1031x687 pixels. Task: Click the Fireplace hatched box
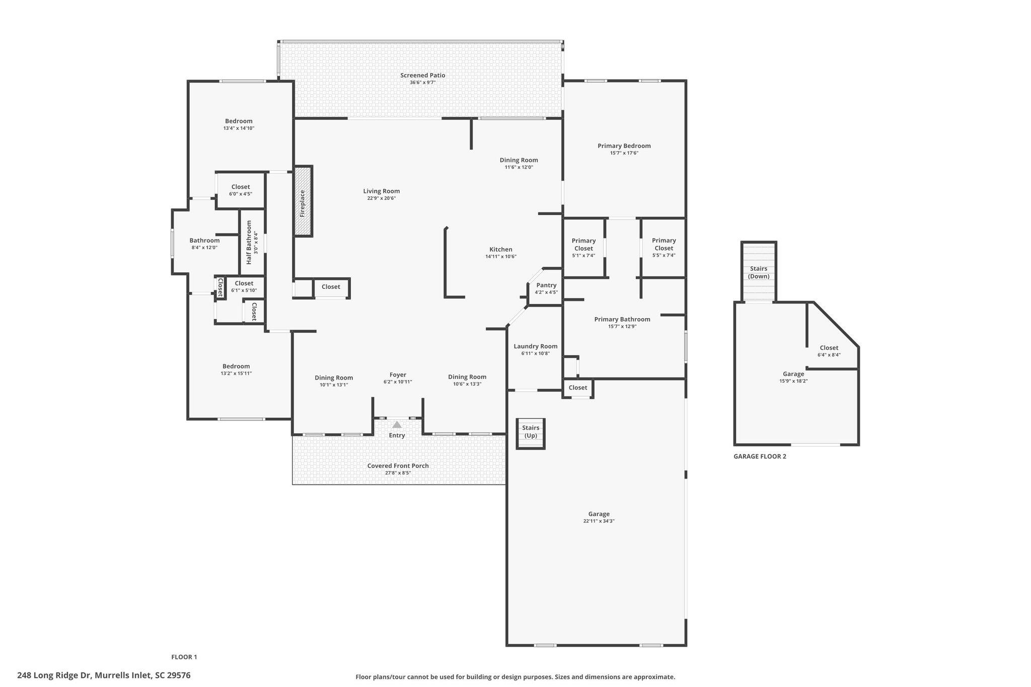tap(303, 201)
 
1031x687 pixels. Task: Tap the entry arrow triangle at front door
tap(397, 424)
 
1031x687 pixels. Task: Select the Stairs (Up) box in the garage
tap(531, 432)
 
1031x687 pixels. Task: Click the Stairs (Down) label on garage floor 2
tap(758, 272)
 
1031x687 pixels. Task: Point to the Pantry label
tap(546, 285)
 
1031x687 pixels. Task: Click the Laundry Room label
tap(535, 346)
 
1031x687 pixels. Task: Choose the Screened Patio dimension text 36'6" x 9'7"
tap(422, 83)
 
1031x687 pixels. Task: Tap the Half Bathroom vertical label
tap(249, 242)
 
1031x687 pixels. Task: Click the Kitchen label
tap(500, 250)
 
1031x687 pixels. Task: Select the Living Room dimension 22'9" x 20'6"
tap(381, 198)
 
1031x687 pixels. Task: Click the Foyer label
tap(398, 375)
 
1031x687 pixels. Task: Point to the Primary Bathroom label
tap(622, 319)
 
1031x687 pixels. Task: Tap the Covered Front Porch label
tap(398, 466)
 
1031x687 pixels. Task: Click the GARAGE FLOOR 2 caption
tap(759, 456)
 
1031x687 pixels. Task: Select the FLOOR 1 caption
tap(184, 657)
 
